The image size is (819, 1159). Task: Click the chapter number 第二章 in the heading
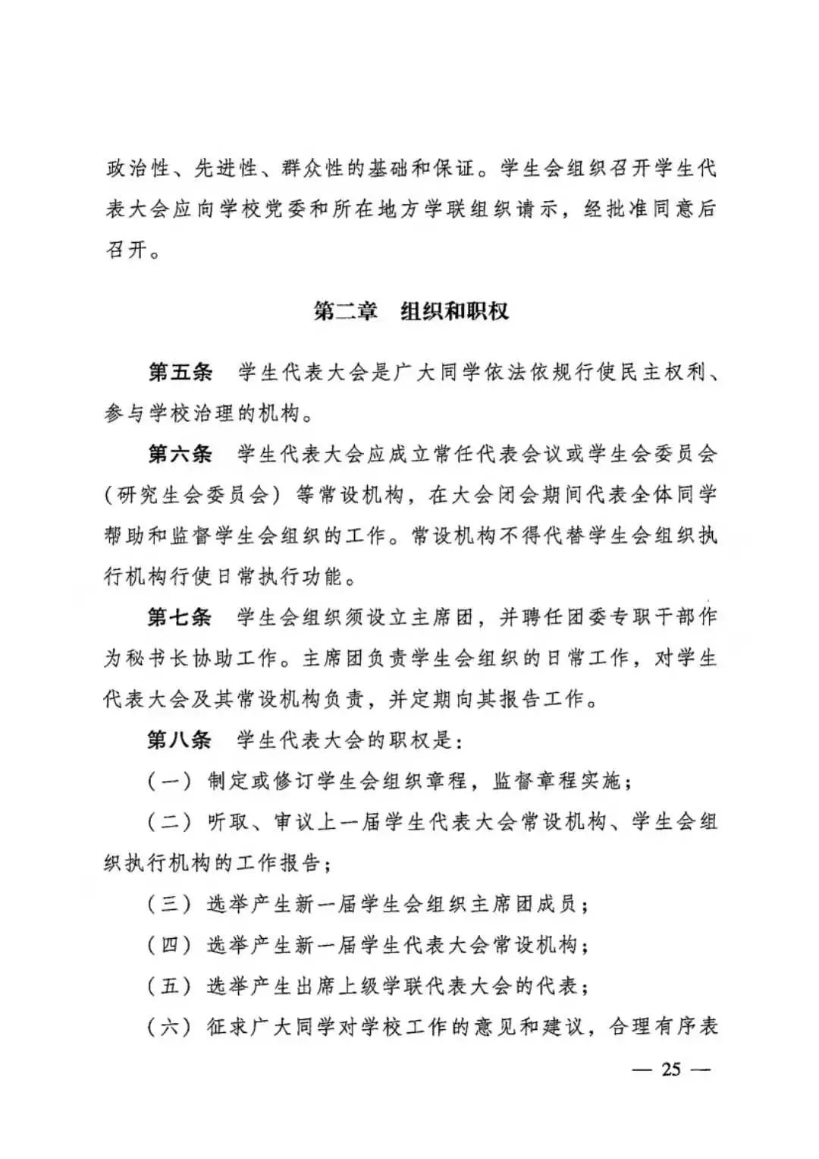pyautogui.click(x=345, y=311)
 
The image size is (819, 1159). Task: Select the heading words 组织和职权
pyautogui.click(x=454, y=311)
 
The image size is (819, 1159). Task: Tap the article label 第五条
pyautogui.click(x=180, y=373)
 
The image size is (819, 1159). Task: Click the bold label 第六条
pyautogui.click(x=180, y=455)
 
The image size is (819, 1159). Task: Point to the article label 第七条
pyautogui.click(x=180, y=617)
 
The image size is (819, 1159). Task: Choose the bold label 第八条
pyautogui.click(x=180, y=740)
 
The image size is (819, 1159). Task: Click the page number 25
pyautogui.click(x=672, y=1069)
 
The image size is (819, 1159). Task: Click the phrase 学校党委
pyautogui.click(x=262, y=209)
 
